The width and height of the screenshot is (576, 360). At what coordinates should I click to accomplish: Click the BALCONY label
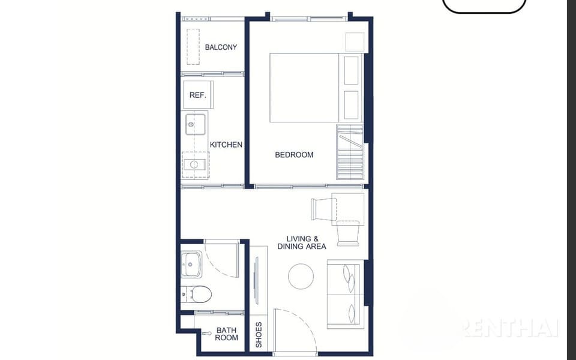[x=221, y=47]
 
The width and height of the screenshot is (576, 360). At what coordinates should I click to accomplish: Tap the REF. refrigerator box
[x=198, y=95]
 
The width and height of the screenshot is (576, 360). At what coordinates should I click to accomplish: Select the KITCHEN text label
[x=226, y=145]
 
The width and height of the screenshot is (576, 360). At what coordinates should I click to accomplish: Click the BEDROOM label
[x=294, y=155]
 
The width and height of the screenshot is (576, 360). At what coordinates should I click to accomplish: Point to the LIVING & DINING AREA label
[x=302, y=242]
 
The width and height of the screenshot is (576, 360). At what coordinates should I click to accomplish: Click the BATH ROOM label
[x=226, y=334]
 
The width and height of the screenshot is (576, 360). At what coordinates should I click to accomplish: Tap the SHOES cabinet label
[x=259, y=335]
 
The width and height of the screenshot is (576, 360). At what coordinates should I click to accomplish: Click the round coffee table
[x=301, y=276]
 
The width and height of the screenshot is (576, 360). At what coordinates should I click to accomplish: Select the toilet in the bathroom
[x=197, y=294]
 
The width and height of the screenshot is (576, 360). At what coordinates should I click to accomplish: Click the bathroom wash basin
[x=191, y=264]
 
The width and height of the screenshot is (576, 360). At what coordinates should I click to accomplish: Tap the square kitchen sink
[x=196, y=125]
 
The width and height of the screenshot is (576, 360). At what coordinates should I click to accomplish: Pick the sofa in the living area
[x=346, y=294]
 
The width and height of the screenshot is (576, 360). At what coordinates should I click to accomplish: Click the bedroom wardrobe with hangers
[x=350, y=152]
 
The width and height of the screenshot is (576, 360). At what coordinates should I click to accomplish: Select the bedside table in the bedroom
[x=355, y=42]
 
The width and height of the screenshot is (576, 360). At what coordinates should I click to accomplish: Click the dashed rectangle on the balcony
[x=193, y=47]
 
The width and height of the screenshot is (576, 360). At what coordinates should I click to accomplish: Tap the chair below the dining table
[x=348, y=233]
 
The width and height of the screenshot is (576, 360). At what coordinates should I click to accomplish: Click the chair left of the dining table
[x=323, y=209]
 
